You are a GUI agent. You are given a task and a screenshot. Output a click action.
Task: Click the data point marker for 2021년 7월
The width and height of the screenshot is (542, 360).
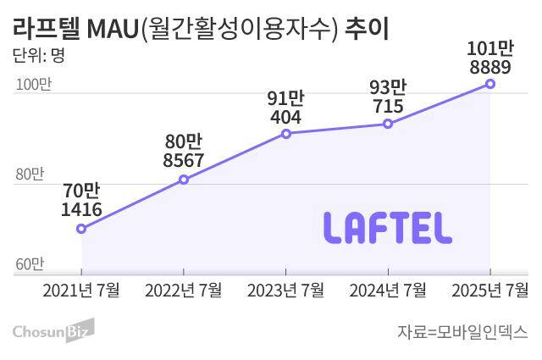point(81,229)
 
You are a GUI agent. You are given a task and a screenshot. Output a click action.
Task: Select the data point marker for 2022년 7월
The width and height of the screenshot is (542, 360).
point(184,180)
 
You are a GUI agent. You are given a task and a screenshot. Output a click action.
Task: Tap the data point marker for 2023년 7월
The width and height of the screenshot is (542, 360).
point(286,134)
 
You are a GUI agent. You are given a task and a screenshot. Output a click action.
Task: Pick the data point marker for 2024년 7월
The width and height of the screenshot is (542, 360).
point(388,124)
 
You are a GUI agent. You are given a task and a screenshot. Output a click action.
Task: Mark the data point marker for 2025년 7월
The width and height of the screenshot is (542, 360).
point(490,83)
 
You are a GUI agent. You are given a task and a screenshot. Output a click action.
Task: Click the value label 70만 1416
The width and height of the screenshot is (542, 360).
point(81,199)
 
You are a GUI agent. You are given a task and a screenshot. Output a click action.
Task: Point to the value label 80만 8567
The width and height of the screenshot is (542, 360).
point(184,149)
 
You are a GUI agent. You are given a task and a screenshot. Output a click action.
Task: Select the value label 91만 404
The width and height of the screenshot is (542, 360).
point(286,105)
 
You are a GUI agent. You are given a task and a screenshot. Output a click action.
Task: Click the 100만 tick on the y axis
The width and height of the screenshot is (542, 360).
point(30,85)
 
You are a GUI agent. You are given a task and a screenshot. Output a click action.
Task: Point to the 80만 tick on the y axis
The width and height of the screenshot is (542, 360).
point(29,174)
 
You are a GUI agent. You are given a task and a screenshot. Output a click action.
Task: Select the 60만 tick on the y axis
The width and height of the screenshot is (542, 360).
point(29,264)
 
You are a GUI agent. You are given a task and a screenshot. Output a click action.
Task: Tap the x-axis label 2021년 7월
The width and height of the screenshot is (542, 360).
point(81,290)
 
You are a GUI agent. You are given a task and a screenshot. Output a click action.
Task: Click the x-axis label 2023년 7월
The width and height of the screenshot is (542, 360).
point(286,290)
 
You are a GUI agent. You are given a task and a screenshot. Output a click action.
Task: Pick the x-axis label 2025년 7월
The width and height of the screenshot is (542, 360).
point(490,290)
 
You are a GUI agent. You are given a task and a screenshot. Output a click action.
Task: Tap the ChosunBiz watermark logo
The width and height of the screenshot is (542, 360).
point(53,330)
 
